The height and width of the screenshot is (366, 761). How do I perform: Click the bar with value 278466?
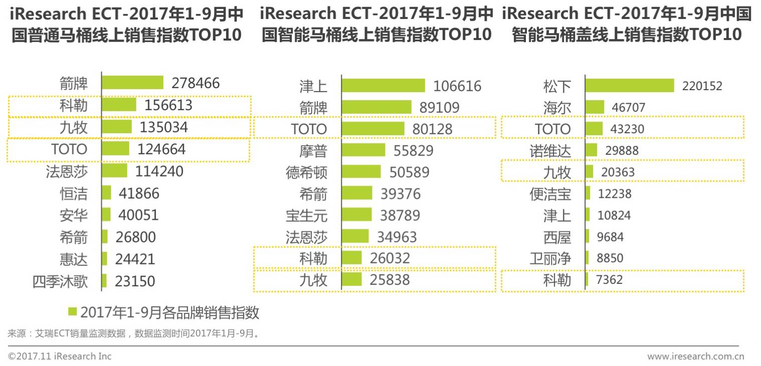click(132, 83)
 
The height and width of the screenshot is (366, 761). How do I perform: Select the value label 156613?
click(168, 105)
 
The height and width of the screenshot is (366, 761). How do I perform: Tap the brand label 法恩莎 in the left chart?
click(67, 171)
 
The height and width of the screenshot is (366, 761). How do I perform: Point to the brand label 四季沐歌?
click(60, 281)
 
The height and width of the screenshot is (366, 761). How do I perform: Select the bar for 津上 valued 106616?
click(383, 86)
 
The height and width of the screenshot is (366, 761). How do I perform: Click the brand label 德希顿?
click(306, 172)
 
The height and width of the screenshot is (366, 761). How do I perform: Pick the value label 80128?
click(432, 129)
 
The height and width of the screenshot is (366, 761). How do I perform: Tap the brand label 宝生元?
click(306, 215)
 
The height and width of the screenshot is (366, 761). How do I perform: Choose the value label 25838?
click(390, 279)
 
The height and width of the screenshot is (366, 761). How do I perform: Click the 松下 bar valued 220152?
click(629, 86)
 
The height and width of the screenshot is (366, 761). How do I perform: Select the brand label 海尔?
click(557, 108)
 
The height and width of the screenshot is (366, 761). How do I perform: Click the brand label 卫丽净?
click(550, 258)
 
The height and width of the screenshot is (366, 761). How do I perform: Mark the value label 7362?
click(610, 279)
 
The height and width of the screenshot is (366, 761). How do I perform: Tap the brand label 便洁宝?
click(550, 194)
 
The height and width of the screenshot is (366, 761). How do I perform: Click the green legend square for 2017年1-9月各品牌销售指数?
click(73, 311)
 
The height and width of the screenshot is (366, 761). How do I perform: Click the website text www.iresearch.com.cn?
click(695, 356)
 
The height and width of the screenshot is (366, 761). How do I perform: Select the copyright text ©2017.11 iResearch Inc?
click(60, 356)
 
